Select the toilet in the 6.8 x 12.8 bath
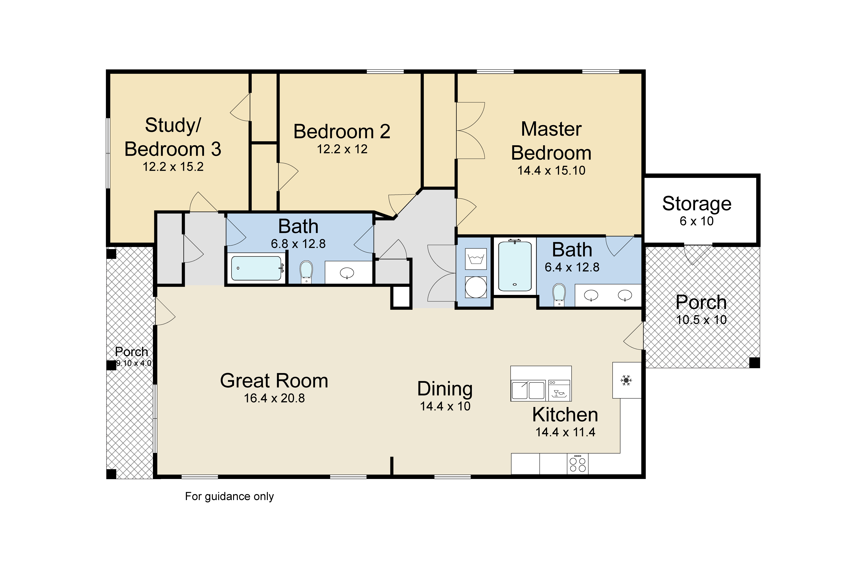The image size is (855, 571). click(x=306, y=272)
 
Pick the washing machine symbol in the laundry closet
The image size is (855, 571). click(x=476, y=259)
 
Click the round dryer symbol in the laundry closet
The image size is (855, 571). click(x=476, y=287)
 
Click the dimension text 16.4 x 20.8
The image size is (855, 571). click(x=274, y=398)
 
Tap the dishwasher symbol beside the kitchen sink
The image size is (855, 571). click(x=559, y=390)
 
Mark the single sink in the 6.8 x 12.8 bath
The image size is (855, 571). click(x=347, y=273)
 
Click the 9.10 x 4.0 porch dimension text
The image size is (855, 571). click(x=134, y=363)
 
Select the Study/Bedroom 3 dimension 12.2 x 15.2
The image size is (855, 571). click(x=173, y=167)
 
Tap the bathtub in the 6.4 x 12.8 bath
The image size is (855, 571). click(x=515, y=266)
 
